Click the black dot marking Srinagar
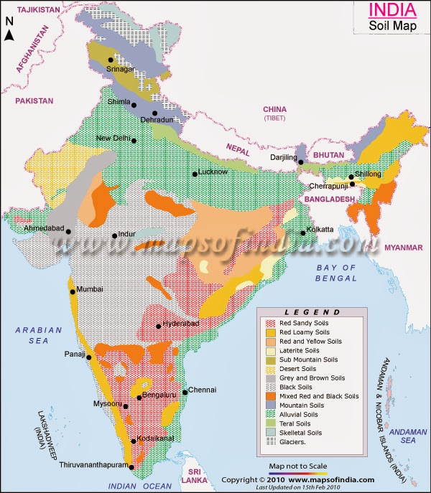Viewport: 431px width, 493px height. pos(110,60)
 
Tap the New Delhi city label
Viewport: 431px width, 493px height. pos(113,138)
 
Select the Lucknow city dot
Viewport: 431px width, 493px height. pos(194,174)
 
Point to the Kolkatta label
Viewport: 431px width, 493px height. pos(320,230)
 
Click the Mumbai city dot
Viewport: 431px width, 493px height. pos(73,291)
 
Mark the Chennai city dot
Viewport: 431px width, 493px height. pos(185,392)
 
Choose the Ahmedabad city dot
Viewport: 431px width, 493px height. pos(68,231)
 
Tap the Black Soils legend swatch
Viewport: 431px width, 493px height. pos(269,386)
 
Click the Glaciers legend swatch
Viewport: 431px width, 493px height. pos(269,442)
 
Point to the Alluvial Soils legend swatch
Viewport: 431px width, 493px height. pos(269,414)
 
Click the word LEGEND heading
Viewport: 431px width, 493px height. pos(312,313)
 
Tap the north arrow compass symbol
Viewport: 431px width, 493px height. pos(10,36)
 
